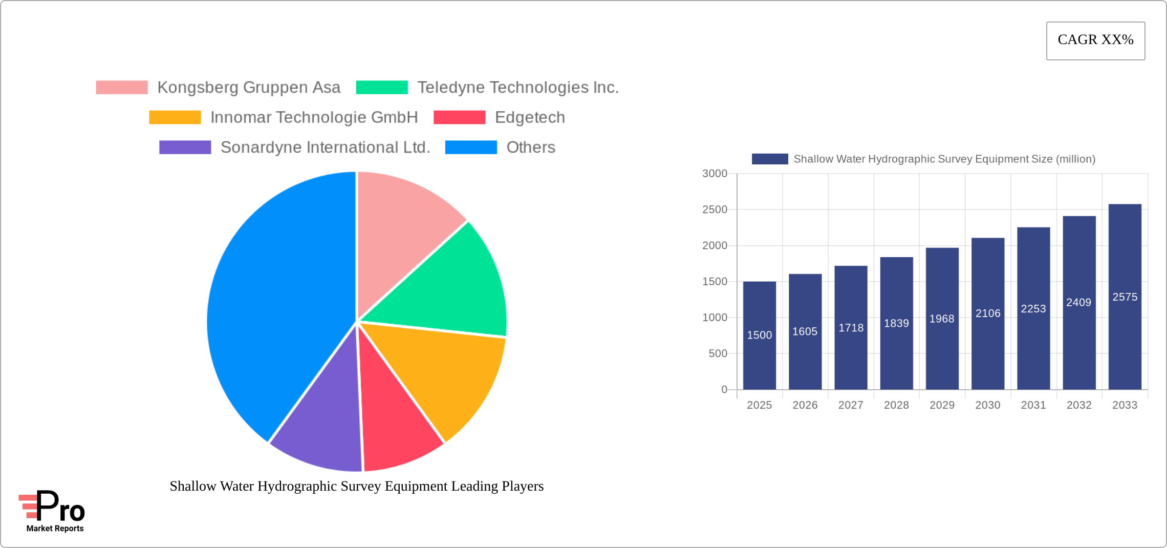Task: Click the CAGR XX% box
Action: click(1095, 40)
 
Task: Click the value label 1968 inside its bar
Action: click(942, 319)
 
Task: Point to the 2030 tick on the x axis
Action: click(987, 405)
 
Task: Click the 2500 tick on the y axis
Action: click(715, 209)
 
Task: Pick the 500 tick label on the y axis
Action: click(718, 353)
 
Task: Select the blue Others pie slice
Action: click(276, 307)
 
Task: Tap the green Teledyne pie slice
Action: click(450, 287)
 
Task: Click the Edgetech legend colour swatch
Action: click(459, 117)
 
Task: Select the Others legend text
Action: click(530, 147)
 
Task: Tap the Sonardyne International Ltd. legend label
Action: click(325, 147)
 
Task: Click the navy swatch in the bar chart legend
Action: click(769, 159)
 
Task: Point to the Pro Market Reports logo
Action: click(52, 511)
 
